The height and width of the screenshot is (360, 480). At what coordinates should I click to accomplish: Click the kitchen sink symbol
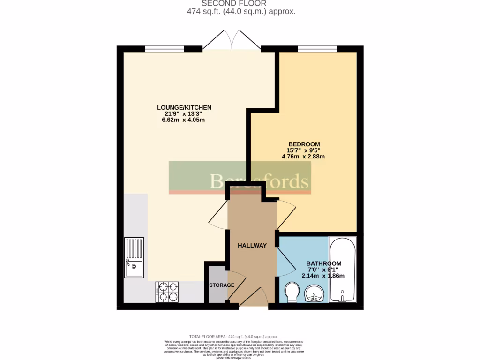tap(134, 258)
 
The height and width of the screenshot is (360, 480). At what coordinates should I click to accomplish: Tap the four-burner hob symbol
tap(167, 292)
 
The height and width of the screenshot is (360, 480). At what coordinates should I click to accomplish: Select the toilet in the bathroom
tap(292, 292)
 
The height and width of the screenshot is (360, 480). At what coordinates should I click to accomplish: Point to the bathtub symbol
tap(343, 270)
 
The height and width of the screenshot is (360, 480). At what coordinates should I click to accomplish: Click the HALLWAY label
tap(252, 246)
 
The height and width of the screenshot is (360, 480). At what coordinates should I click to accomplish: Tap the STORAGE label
tap(221, 285)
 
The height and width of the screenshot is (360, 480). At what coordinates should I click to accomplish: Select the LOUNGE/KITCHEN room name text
tap(184, 108)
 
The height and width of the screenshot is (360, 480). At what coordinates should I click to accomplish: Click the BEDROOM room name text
tap(304, 144)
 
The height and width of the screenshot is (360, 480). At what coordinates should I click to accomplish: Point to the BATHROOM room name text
tap(323, 264)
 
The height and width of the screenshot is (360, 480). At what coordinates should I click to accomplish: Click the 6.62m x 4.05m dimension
tap(184, 120)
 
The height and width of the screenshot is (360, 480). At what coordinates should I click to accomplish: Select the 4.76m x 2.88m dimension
tap(303, 157)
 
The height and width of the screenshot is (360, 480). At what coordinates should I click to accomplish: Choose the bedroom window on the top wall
tap(317, 49)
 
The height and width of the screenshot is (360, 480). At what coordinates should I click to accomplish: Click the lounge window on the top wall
tap(165, 49)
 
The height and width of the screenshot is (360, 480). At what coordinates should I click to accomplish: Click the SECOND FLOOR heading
tap(240, 3)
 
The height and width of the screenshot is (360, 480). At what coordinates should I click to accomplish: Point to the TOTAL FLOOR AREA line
tap(233, 337)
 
